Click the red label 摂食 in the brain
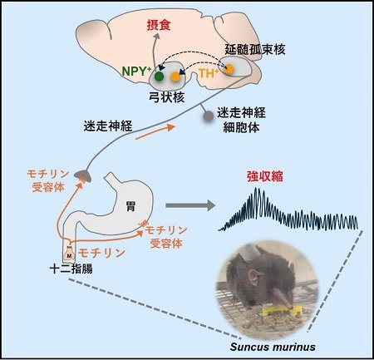point(159,25)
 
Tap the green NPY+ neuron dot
point(159,76)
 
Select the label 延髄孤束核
point(255,50)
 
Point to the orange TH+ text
point(209,73)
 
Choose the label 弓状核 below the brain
point(167,97)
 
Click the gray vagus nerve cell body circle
point(209,116)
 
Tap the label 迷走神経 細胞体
point(241,120)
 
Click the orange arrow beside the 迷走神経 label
point(155,132)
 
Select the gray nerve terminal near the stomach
point(83,175)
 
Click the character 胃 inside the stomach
point(130,206)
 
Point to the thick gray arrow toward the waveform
point(190,205)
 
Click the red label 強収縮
point(265,176)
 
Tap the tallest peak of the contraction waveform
point(256,190)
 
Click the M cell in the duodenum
point(69,254)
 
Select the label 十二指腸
point(71,269)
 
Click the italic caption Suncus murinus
point(273,347)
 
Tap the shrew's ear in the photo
point(255,277)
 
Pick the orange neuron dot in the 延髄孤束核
point(229,69)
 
